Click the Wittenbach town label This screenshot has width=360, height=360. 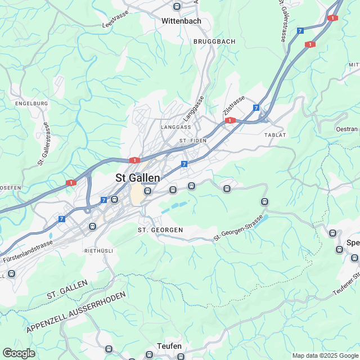pyautogui.click(x=181, y=21)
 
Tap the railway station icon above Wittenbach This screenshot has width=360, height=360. pyautogui.click(x=177, y=7)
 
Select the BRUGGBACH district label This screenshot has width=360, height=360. pyautogui.click(x=214, y=42)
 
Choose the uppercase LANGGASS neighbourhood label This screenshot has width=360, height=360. pyautogui.click(x=176, y=127)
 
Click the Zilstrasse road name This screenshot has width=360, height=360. pyautogui.click(x=234, y=106)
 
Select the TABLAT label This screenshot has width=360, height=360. pyautogui.click(x=275, y=135)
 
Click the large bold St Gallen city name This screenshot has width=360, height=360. pyautogui.click(x=138, y=177)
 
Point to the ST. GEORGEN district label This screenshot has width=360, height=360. pyautogui.click(x=160, y=230)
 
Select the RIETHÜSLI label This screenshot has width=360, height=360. pyautogui.click(x=99, y=250)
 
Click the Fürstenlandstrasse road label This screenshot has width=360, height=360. pyautogui.click(x=28, y=251)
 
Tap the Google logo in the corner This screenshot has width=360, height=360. pyautogui.click(x=18, y=353)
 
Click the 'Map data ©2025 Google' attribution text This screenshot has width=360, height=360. pyautogui.click(x=325, y=355)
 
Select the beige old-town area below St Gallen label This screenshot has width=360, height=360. pyautogui.click(x=137, y=196)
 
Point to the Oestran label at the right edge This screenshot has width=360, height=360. pyautogui.click(x=346, y=129)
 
